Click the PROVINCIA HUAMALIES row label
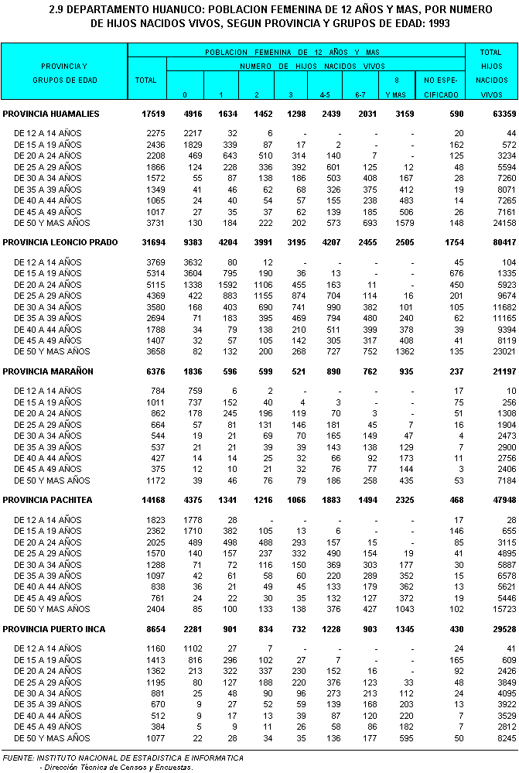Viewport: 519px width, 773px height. coord(51,114)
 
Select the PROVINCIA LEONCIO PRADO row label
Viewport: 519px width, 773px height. coord(60,242)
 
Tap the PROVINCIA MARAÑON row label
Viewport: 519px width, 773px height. coord(48,371)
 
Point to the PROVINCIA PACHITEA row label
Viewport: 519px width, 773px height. coord(48,500)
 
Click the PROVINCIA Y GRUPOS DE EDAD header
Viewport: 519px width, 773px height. coord(64,73)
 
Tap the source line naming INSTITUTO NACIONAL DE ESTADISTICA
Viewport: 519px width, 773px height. coord(124,758)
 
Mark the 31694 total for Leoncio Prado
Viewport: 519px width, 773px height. coord(145,242)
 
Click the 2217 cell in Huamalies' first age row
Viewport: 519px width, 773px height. coord(182,133)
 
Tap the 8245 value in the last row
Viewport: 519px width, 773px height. coord(493,738)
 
